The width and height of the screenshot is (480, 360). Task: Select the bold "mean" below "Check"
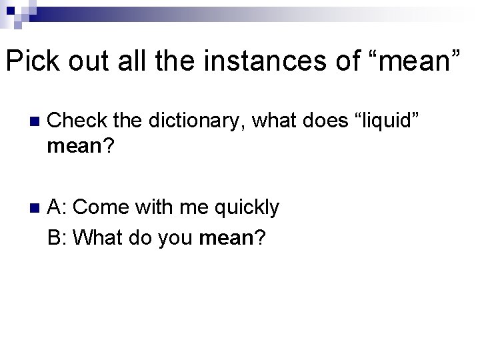pyautogui.click(x=73, y=147)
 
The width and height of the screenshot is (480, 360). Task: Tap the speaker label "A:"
pyautogui.click(x=57, y=207)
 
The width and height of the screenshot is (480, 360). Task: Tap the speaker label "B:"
pyautogui.click(x=57, y=237)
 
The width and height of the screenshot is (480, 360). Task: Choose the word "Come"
pyautogui.click(x=101, y=207)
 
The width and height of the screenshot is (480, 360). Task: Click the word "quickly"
pyautogui.click(x=246, y=207)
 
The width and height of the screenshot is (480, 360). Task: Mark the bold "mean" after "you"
pyautogui.click(x=225, y=237)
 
